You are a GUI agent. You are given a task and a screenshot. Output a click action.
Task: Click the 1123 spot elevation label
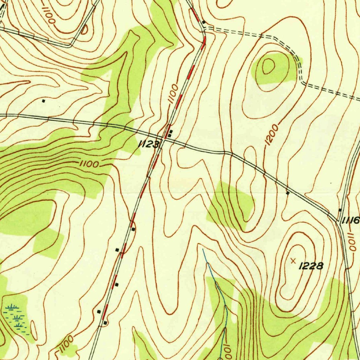click(149, 144)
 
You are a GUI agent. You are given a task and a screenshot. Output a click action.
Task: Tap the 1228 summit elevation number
click(311, 266)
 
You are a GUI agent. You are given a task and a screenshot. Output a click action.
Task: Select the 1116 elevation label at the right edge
click(351, 220)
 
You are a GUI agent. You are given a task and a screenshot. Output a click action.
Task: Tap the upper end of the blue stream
click(203, 250)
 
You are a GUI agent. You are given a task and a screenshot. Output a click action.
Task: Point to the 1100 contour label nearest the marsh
click(65, 345)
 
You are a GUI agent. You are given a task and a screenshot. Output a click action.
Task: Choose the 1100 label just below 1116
click(352, 241)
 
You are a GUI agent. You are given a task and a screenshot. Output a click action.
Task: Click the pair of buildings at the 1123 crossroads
click(170, 134)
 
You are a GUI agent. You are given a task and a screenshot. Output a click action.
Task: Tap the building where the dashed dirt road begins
click(204, 22)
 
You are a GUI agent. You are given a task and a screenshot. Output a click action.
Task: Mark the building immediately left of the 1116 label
click(340, 210)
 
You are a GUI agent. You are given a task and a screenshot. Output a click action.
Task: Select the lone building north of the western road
click(44, 101)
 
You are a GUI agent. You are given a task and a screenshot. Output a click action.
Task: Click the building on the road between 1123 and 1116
click(288, 193)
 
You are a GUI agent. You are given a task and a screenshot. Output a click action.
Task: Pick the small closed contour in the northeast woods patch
click(268, 66)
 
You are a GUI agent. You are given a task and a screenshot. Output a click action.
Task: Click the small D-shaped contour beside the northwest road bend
click(85, 30)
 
